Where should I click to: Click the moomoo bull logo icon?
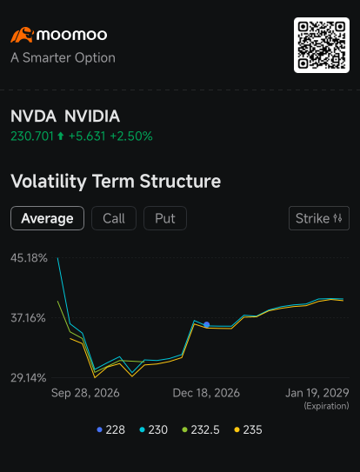(x=23, y=35)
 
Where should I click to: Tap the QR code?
(x=322, y=45)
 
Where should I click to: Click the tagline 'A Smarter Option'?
(x=63, y=57)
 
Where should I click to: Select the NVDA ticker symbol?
(x=33, y=116)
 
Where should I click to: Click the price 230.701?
(x=32, y=136)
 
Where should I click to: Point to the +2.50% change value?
(x=131, y=136)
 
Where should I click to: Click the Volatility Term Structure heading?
(x=116, y=181)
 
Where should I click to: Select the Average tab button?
(x=47, y=218)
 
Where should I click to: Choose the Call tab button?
(x=114, y=218)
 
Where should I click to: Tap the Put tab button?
(x=165, y=218)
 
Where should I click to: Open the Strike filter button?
(x=319, y=218)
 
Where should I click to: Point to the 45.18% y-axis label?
(x=29, y=258)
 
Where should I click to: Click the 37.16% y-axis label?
(x=29, y=318)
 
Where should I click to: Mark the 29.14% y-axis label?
(x=29, y=378)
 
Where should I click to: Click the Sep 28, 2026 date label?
(x=85, y=393)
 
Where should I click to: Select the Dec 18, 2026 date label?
(x=206, y=393)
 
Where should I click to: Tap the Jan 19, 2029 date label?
(x=317, y=393)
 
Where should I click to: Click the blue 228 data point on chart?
(x=207, y=324)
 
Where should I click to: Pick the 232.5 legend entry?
(x=201, y=430)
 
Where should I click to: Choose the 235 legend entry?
(x=248, y=430)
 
